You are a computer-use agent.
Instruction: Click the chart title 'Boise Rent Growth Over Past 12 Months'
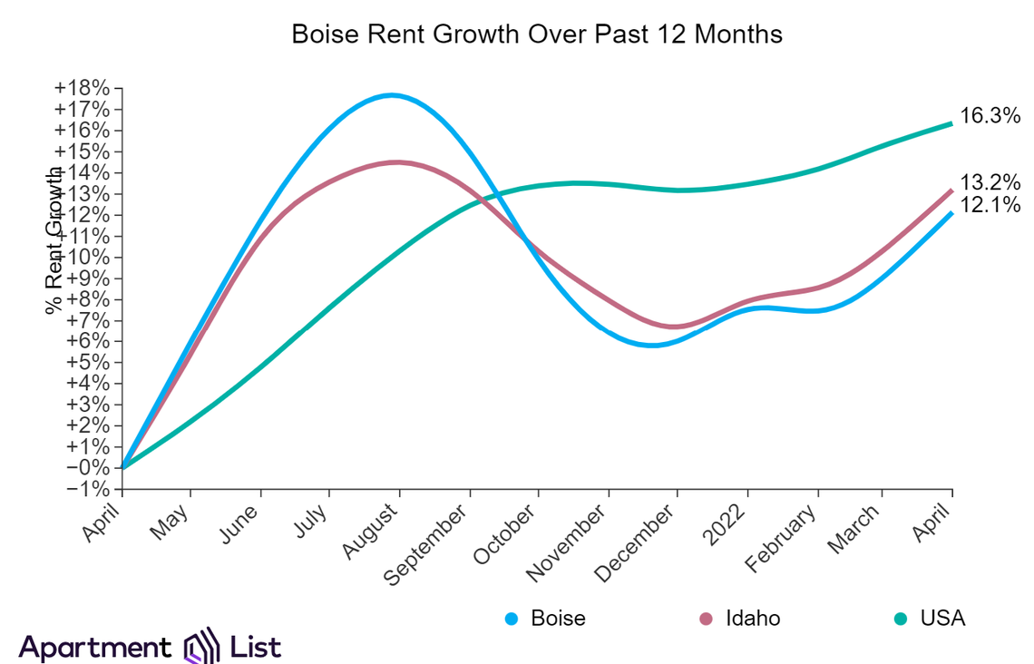pos(537,35)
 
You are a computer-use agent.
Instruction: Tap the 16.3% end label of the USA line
pos(990,117)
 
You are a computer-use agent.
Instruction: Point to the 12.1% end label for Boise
pos(990,206)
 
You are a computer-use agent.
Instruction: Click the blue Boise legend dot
pos(512,620)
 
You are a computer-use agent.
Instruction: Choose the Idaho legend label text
pos(753,619)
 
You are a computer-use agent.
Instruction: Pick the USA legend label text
pos(942,619)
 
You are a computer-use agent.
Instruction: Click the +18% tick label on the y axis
pos(82,89)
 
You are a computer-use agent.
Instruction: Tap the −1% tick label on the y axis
pos(86,489)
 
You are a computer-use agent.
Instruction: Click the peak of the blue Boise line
pos(392,95)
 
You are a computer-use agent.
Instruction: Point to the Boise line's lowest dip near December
pos(653,345)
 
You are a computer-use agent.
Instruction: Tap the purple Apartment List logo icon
pos(201,646)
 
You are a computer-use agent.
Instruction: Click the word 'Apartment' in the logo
pos(93,648)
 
